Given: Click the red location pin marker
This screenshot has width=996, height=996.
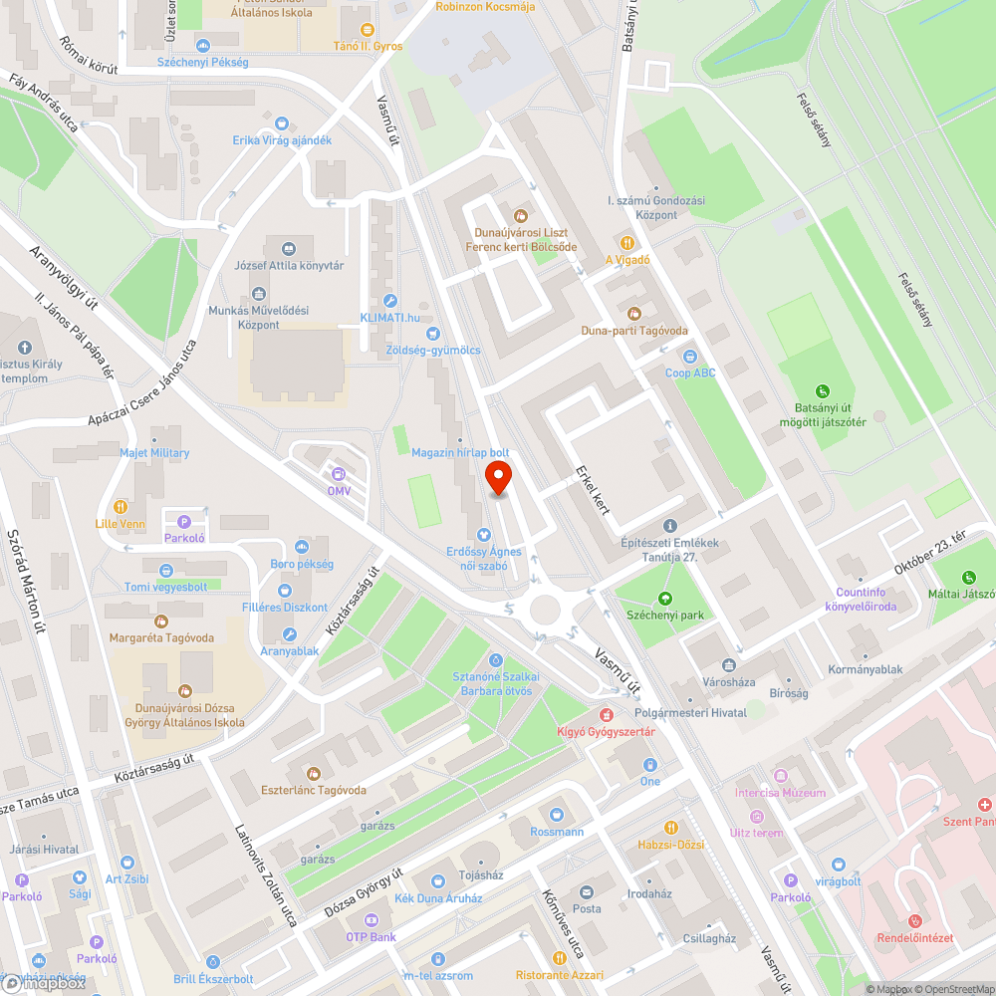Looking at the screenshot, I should pyautogui.click(x=498, y=476).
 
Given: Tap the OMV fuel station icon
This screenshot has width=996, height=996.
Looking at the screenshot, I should pyautogui.click(x=339, y=474).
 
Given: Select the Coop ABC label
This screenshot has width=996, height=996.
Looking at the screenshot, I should pyautogui.click(x=690, y=373).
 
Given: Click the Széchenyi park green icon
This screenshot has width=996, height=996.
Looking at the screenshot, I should pyautogui.click(x=665, y=598).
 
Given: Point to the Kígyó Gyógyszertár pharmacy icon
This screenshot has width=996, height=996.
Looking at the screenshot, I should pyautogui.click(x=606, y=715).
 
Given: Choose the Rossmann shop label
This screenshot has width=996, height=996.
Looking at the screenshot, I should pyautogui.click(x=557, y=832).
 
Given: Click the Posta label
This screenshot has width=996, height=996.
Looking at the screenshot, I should pyautogui.click(x=587, y=908).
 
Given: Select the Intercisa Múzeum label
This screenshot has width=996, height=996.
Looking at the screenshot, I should pyautogui.click(x=780, y=793).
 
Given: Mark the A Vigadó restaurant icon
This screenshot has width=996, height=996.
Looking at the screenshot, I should pyautogui.click(x=627, y=242).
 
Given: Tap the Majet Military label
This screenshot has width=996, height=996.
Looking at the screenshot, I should pyautogui.click(x=154, y=453).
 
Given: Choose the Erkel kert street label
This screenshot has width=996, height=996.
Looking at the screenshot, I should pyautogui.click(x=594, y=492).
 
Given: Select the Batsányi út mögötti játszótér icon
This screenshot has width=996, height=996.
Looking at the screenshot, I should pyautogui.click(x=822, y=391).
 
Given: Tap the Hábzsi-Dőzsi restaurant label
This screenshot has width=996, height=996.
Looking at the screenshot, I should pyautogui.click(x=670, y=844).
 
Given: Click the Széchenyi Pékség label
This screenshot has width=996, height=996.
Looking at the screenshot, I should pyautogui.click(x=202, y=62).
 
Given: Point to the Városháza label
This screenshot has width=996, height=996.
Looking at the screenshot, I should pyautogui.click(x=730, y=682).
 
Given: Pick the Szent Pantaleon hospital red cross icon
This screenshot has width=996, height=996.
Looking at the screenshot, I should pyautogui.click(x=984, y=804).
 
